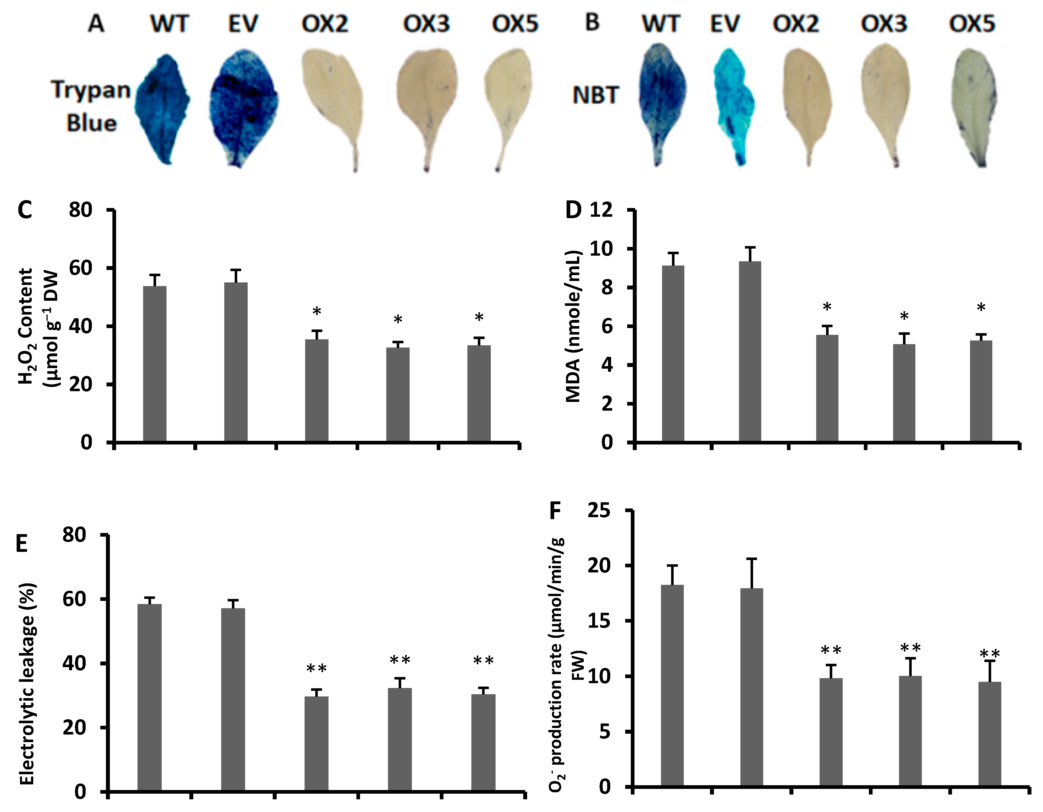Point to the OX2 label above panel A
[x=325, y=24]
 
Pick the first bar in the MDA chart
[x=673, y=353]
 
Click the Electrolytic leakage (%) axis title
[x=27, y=683]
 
